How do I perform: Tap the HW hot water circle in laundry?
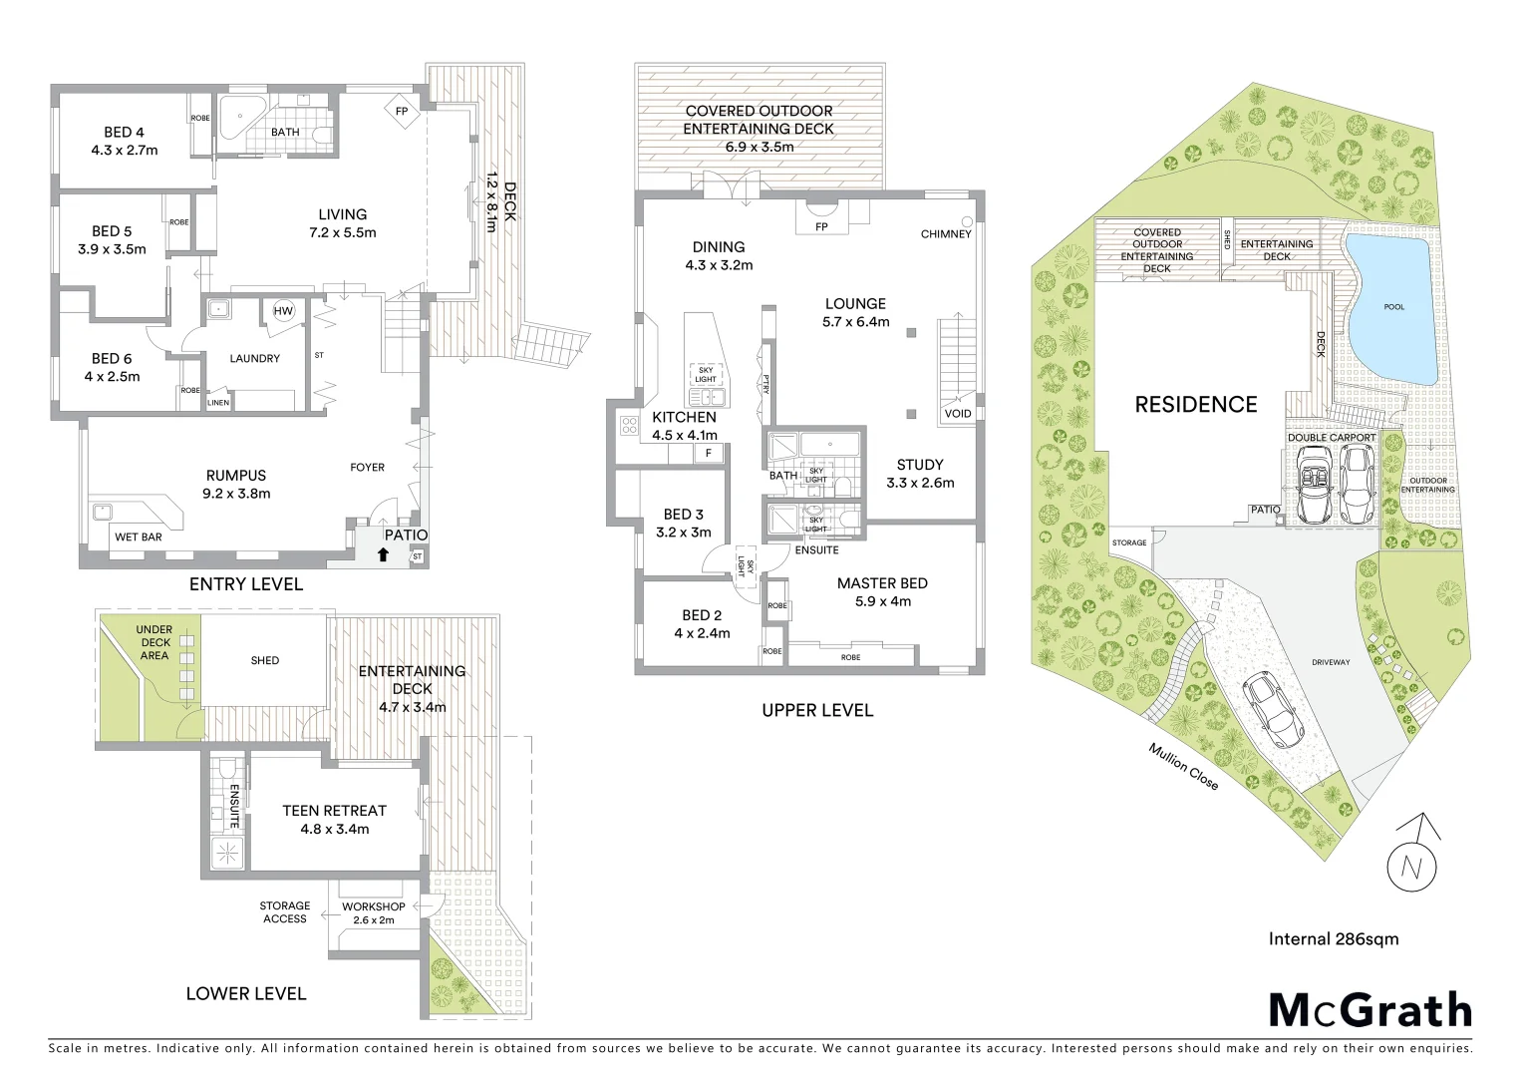(x=284, y=311)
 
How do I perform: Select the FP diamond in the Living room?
(x=403, y=112)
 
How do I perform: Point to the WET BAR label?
(x=139, y=537)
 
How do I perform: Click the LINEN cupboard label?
(x=218, y=402)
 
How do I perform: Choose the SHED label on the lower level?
(x=265, y=660)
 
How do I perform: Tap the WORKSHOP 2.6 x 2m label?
(x=373, y=912)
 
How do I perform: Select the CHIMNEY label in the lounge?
(x=945, y=234)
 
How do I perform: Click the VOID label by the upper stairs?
(x=957, y=413)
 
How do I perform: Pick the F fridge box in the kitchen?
(x=709, y=453)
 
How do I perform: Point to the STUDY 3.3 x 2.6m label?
(x=919, y=474)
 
